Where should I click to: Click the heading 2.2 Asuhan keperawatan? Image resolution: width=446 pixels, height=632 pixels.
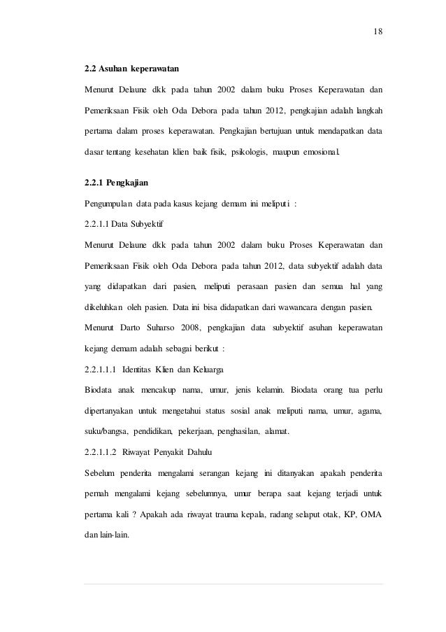(x=131, y=69)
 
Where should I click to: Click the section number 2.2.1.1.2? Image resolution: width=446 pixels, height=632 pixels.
(x=100, y=451)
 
